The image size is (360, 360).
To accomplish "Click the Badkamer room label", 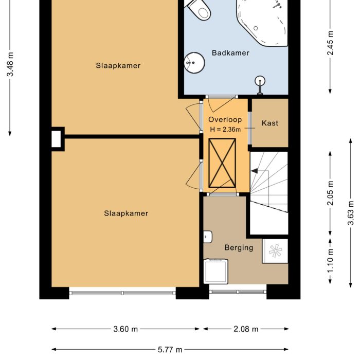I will tap(230, 53).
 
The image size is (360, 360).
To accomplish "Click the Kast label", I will tap(269, 123).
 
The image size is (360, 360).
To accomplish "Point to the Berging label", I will tap(239, 247).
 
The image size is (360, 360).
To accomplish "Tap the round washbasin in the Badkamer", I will tap(194, 63).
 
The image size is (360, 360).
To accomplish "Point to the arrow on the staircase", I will tap(254, 170).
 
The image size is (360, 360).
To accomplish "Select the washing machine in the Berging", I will tap(216, 271).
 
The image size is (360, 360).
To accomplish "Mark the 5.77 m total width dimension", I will tap(170, 350).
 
